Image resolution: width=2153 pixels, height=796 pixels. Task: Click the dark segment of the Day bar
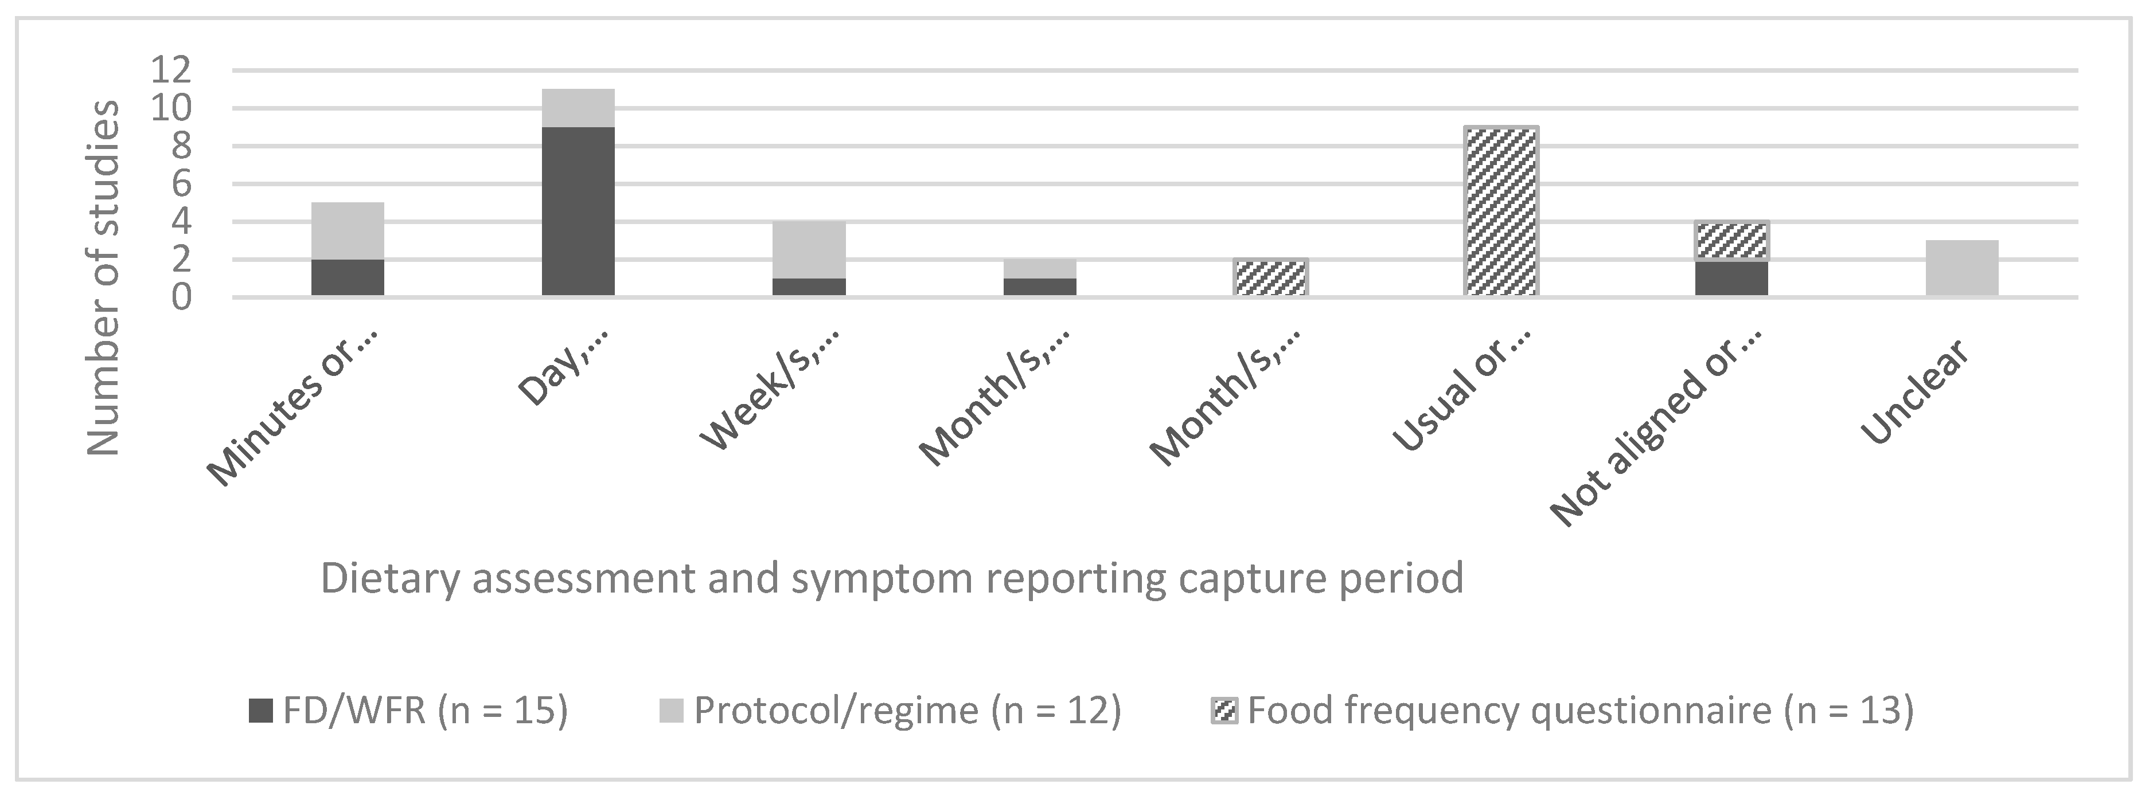pos(578,211)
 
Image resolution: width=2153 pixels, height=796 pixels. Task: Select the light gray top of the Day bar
pos(578,108)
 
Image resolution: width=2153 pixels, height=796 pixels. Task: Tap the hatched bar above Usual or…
pos(1501,211)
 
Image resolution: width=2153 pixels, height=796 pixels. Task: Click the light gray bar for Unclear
pos(1961,268)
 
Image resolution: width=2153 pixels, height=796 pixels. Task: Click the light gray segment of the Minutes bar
pos(348,230)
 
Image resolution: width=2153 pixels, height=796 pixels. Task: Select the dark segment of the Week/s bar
pos(809,287)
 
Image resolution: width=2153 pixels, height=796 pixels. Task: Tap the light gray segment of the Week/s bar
pos(809,250)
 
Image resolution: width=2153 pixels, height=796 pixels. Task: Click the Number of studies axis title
pos(104,278)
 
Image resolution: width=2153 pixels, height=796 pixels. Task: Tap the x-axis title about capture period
pos(892,578)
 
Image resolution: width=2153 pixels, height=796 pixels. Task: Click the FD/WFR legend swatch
pos(261,711)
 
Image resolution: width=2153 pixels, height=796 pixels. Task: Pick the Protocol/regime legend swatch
pos(671,711)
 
